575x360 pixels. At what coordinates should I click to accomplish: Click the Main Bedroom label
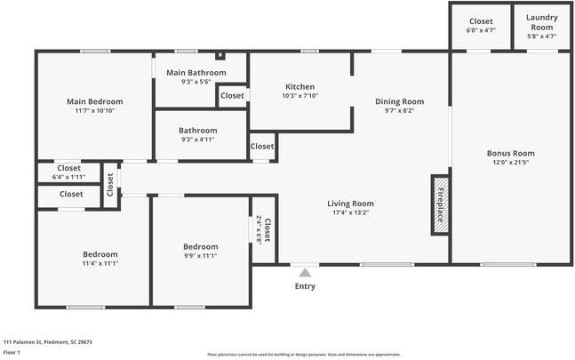coord(94,101)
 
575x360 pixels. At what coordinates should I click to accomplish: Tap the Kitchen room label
coord(299,86)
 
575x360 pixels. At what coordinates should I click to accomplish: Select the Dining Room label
coord(399,101)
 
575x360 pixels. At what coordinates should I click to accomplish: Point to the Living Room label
coord(350,204)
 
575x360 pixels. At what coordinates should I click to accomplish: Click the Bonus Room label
coord(510,153)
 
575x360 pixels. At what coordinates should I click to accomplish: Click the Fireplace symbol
coord(439,204)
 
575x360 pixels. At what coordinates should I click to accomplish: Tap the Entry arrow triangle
coord(305,273)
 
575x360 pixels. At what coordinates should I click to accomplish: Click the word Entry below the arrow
coord(305,286)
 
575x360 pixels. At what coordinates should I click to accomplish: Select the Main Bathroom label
coord(188,72)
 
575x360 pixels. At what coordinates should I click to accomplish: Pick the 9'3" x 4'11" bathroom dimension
coord(198,140)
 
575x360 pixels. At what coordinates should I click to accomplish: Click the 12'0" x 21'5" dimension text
coord(510,163)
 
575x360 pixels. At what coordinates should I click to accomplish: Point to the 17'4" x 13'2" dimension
coord(350,213)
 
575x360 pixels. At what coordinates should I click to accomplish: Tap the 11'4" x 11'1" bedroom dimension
coord(100,264)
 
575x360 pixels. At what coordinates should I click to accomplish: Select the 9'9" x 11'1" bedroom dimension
coord(200,256)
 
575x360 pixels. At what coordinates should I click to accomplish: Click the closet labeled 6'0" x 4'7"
coord(481,31)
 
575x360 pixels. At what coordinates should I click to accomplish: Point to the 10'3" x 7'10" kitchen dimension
coord(299,96)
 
